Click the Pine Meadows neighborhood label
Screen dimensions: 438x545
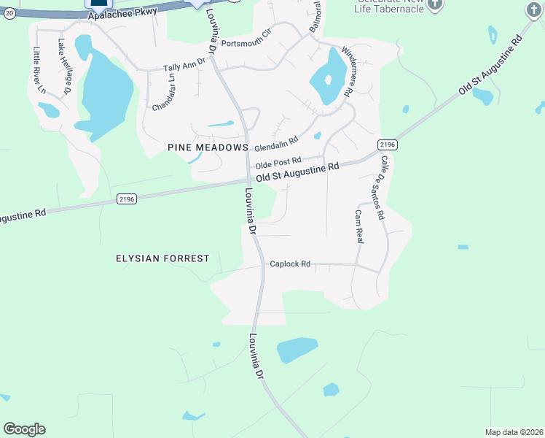click(x=203, y=147)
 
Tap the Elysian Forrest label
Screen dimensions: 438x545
click(x=162, y=258)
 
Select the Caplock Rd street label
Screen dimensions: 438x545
click(x=290, y=264)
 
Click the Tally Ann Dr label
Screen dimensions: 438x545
click(x=184, y=66)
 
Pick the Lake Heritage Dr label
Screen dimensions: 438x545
click(x=63, y=66)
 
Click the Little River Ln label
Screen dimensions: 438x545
click(x=39, y=71)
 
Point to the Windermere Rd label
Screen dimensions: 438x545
click(x=348, y=72)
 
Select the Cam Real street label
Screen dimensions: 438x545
click(x=359, y=226)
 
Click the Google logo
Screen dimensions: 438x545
click(x=24, y=429)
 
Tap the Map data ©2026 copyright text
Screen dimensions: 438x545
click(x=514, y=432)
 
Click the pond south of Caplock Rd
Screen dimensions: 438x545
click(x=297, y=350)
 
